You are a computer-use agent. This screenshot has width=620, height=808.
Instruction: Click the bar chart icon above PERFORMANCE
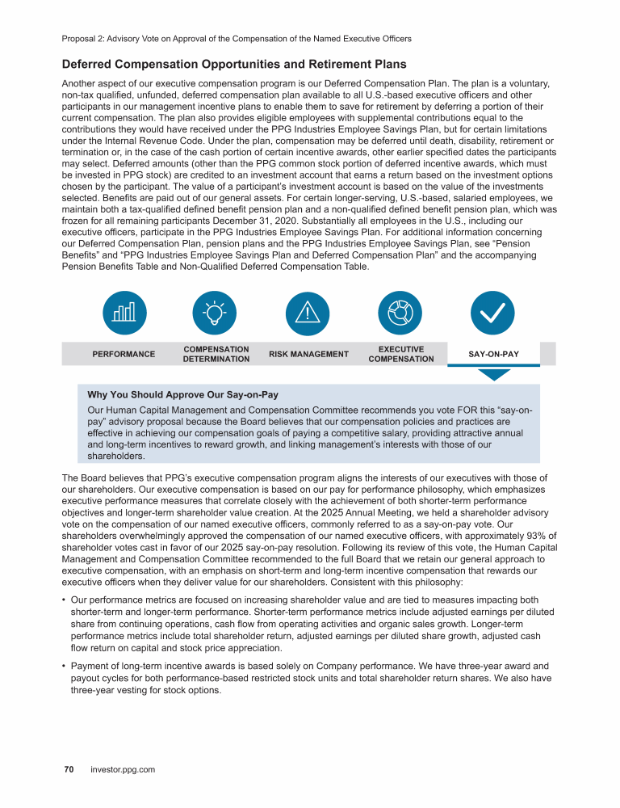pos(124,312)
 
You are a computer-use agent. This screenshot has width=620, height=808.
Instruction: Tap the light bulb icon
pos(215,312)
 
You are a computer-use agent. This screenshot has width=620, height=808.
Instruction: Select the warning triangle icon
pos(308,312)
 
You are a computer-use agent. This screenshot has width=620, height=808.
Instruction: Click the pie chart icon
pos(401,312)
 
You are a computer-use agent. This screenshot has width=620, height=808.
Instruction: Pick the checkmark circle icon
pos(493,312)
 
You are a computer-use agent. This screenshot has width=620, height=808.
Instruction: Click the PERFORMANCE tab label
pos(124,354)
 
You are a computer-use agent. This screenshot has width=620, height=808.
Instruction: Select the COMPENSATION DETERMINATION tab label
pos(216,354)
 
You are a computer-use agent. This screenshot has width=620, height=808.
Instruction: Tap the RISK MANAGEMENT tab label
pos(308,354)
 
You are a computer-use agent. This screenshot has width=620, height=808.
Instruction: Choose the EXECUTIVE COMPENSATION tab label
pos(400,354)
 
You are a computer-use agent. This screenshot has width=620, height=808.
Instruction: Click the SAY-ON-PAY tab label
pos(493,354)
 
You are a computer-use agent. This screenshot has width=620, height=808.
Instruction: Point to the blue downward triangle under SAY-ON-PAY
pos(494,374)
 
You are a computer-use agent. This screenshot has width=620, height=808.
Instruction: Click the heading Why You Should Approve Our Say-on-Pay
pos(182,395)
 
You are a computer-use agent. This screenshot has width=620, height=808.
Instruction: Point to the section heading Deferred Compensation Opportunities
pos(233,65)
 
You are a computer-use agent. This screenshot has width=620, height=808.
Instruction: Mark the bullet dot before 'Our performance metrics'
pos(64,600)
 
